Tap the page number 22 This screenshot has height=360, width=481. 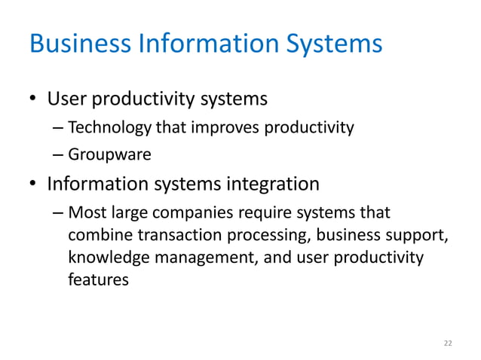(448, 343)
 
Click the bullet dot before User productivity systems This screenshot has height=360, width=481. (34, 100)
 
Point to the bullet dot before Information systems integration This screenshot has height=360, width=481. (34, 184)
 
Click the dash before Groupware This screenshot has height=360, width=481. (59, 156)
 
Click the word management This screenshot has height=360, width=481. (202, 258)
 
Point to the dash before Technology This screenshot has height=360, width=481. (59, 128)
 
